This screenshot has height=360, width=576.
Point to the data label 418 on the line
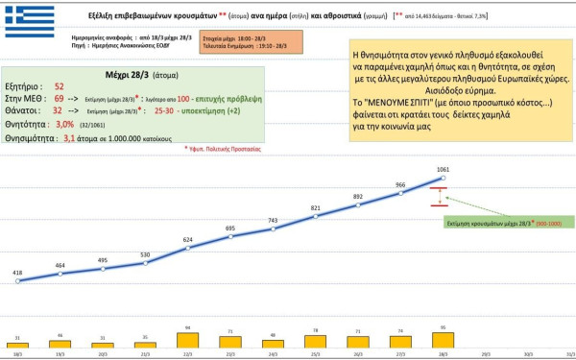pos(17,272)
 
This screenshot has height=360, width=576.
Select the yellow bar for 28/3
pos(444,338)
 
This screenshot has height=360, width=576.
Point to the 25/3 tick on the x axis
pos(316,353)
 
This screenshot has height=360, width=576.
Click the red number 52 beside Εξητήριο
pos(60,86)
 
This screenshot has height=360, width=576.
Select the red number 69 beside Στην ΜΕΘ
pos(60,99)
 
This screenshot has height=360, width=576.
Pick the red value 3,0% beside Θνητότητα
pos(64,124)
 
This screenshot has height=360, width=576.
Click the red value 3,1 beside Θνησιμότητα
pos(69,137)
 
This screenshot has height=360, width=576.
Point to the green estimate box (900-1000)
pos(509,221)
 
